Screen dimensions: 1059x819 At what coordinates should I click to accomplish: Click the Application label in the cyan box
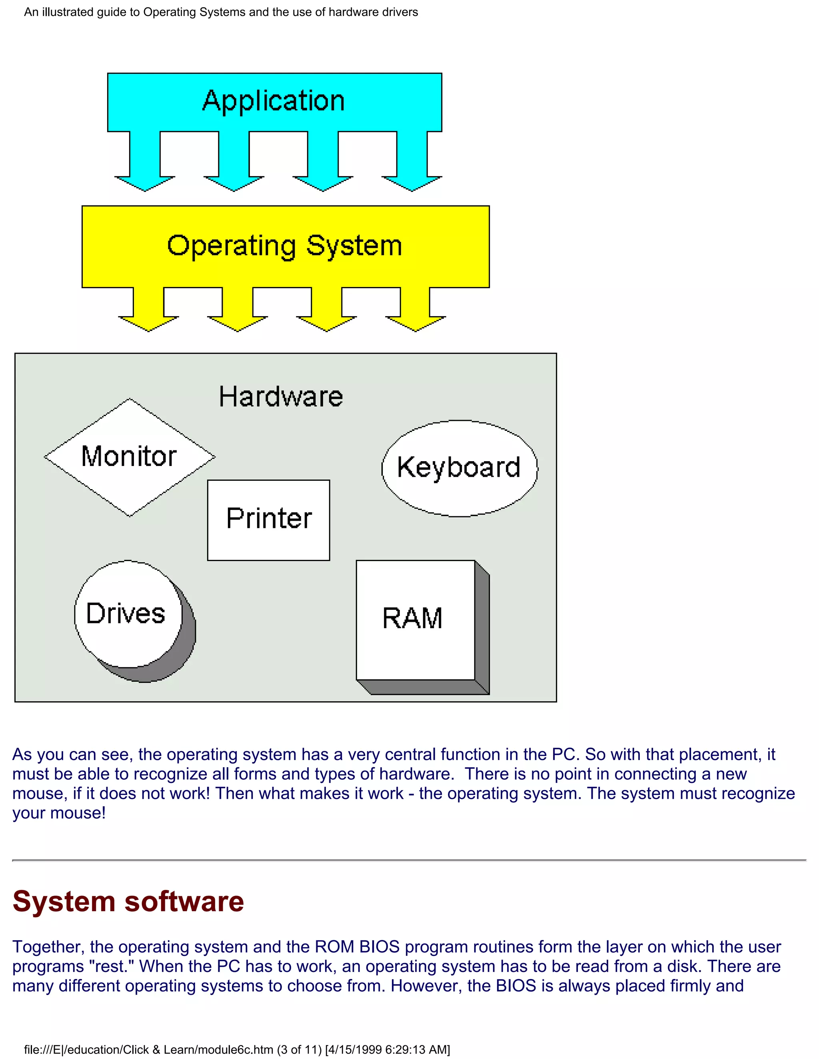(x=274, y=101)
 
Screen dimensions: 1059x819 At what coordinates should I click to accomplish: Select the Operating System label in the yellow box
(x=285, y=246)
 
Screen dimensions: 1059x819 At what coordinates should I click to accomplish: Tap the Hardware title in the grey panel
(x=281, y=397)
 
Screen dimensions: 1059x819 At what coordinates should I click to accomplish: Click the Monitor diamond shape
(x=129, y=457)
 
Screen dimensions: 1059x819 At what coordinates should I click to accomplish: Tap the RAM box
(x=412, y=619)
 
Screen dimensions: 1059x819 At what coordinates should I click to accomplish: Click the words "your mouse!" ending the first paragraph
(x=59, y=813)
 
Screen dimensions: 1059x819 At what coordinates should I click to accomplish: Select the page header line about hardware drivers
(x=221, y=12)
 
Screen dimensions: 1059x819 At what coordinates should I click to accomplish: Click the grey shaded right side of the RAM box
(x=482, y=630)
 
